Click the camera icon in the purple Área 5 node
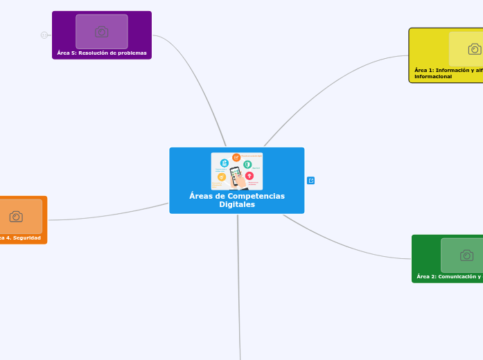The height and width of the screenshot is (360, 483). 102,32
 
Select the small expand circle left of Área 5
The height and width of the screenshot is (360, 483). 44,35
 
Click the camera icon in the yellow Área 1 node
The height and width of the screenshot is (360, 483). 475,49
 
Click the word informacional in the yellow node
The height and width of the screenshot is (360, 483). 433,76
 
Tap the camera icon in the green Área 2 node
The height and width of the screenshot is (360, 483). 467,255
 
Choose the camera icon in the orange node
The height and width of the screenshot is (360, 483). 16,217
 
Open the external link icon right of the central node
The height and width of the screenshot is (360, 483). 310,181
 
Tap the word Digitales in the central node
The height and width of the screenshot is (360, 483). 237,204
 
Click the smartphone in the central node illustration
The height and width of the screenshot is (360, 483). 236,177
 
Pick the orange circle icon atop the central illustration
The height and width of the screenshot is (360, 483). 236,158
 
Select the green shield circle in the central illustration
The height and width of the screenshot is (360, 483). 247,164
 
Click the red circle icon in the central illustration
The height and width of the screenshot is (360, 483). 249,176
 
